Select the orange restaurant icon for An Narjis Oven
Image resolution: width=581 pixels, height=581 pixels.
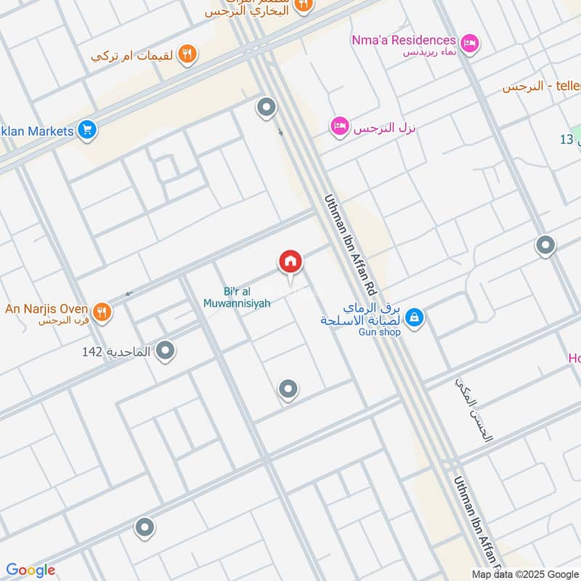pyautogui.click(x=102, y=311)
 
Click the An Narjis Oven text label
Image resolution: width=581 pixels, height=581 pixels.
pyautogui.click(x=46, y=309)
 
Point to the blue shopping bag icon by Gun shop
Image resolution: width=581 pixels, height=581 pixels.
pyautogui.click(x=414, y=317)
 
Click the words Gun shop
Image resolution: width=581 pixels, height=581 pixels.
pyautogui.click(x=380, y=332)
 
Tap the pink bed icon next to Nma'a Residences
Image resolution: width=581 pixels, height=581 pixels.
pyautogui.click(x=470, y=44)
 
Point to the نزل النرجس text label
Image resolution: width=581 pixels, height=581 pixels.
pyautogui.click(x=384, y=128)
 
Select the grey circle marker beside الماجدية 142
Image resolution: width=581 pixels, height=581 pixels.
pyautogui.click(x=166, y=352)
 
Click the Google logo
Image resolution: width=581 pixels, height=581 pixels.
pyautogui.click(x=31, y=570)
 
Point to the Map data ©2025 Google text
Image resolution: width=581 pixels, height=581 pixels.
pyautogui.click(x=523, y=574)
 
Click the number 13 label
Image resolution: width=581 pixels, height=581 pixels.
pyautogui.click(x=566, y=139)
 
